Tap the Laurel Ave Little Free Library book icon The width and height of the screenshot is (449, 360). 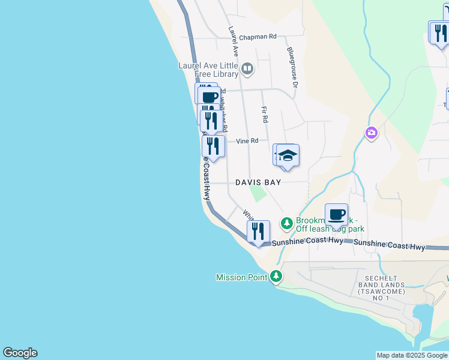coord(247,70)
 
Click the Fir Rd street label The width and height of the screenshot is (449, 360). coord(265,115)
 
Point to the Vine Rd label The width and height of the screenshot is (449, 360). coord(247,141)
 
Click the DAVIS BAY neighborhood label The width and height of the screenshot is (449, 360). coord(258,182)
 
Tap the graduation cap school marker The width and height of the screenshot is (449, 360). coord(288,155)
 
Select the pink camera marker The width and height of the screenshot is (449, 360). coord(372,133)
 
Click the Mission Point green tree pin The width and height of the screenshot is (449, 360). coord(276,277)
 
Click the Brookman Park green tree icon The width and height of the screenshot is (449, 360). coord(287,223)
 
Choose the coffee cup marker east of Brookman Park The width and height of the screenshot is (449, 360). coord(336,214)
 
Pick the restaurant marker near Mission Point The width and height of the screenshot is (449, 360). coord(258,231)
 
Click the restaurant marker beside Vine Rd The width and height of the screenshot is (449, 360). coord(213,145)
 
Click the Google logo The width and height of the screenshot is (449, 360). coord(20,353)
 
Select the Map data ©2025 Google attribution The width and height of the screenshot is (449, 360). coord(411,355)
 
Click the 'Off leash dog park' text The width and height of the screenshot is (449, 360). coord(330,229)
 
